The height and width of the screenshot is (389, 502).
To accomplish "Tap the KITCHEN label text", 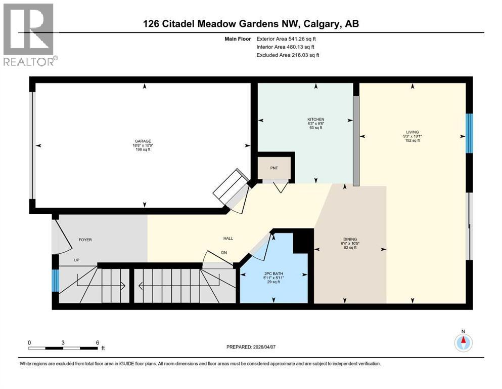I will point(315,119).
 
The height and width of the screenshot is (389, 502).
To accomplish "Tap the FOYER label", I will point(85,240).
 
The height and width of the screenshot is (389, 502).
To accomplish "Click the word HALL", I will point(228,239).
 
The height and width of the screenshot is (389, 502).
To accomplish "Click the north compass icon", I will point(463,342).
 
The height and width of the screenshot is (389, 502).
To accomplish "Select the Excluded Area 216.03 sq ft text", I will point(288,55).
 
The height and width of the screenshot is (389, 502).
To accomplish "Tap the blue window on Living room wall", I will point(469,133).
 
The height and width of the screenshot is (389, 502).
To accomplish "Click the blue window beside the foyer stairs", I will point(55,281).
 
